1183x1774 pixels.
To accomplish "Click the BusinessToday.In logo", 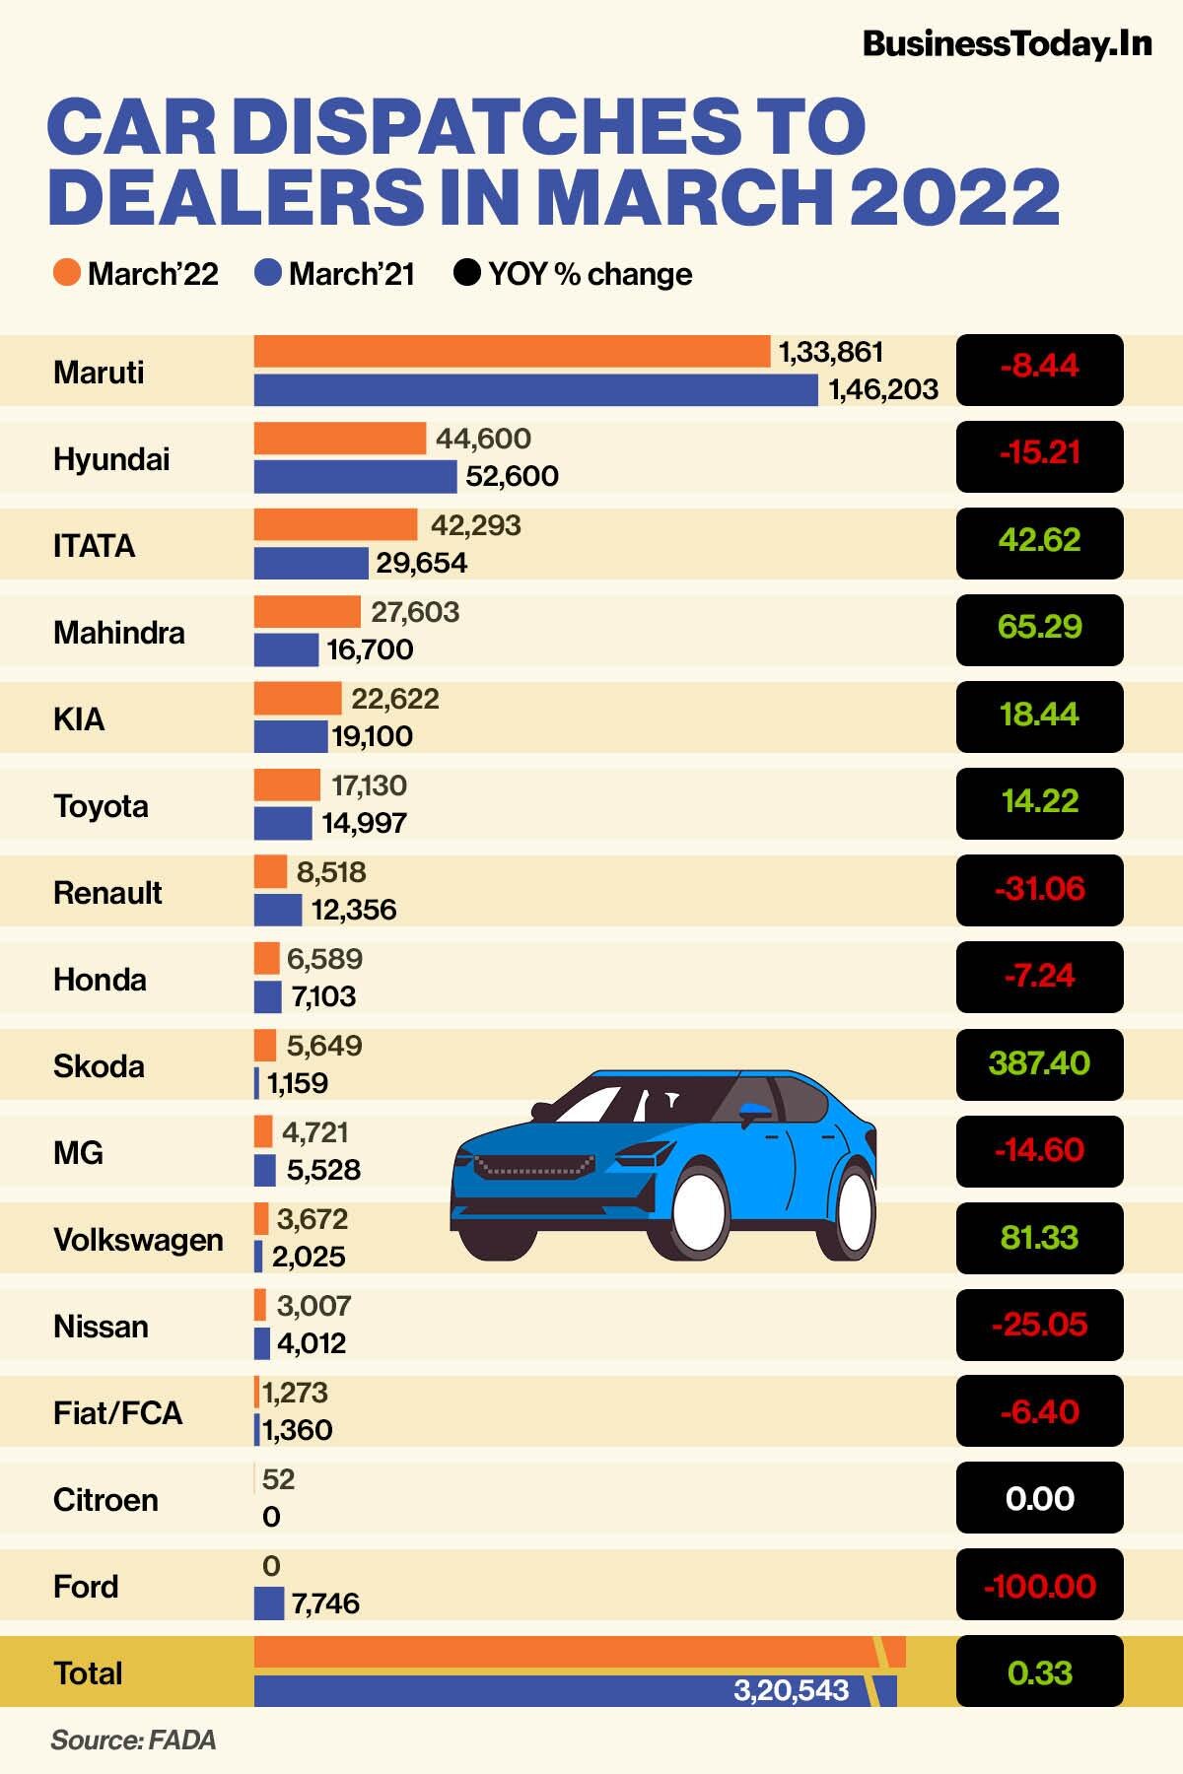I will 1007,44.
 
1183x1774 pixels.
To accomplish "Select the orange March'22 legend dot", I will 66,273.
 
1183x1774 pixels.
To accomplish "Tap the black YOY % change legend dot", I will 466,273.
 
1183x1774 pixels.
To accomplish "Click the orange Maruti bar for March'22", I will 512,352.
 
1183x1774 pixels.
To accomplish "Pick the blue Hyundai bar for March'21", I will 355,477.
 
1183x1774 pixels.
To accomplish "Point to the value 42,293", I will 475,525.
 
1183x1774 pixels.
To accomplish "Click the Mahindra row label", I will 118,632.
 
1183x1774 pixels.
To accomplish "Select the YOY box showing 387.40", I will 1039,1063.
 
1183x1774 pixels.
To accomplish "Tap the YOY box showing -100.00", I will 1039,1586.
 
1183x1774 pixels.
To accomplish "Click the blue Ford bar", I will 268,1603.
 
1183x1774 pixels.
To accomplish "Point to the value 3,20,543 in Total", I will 791,1690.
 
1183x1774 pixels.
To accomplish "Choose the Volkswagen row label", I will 138,1240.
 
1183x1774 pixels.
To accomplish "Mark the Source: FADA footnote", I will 133,1740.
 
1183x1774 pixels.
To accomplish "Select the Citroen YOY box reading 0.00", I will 1039,1498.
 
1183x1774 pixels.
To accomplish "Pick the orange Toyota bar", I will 287,785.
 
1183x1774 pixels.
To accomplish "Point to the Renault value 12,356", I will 354,910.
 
